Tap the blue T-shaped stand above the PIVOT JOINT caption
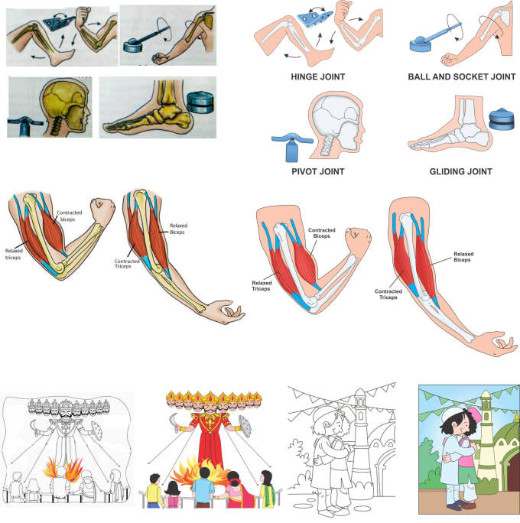tap(288, 142)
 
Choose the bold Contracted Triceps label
tap(390, 294)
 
